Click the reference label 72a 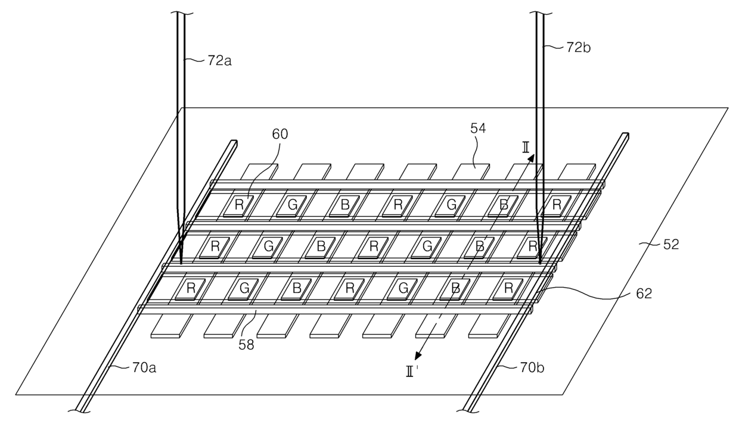[x=219, y=61]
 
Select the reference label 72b [x=578, y=48]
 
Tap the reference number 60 [x=280, y=134]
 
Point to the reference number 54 [x=478, y=128]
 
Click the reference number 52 [x=670, y=245]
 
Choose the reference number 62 [x=644, y=294]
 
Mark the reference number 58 [x=247, y=345]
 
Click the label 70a [x=144, y=367]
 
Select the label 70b [x=532, y=367]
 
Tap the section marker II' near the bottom [x=412, y=372]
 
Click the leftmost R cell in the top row [x=238, y=205]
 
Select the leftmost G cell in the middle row [x=268, y=247]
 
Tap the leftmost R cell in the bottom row [x=190, y=289]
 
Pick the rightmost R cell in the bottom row [x=508, y=289]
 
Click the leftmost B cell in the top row [x=344, y=205]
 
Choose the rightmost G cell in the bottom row [x=402, y=289]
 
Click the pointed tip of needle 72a [x=181, y=264]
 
